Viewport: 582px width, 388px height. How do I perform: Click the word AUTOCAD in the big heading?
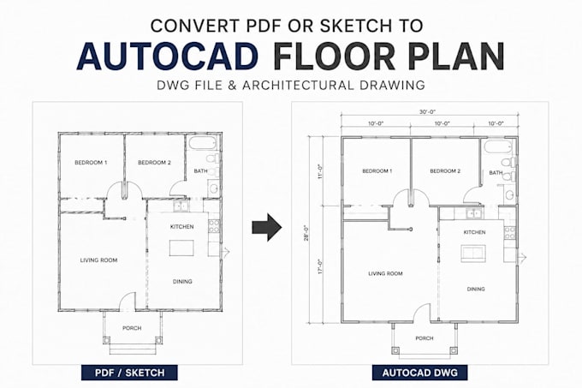pos(168,57)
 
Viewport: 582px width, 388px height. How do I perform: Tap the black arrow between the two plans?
pos(267,227)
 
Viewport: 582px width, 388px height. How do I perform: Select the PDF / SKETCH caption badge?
pos(129,373)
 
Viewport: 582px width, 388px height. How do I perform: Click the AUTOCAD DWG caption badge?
pos(419,373)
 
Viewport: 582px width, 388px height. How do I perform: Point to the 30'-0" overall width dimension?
pos(428,111)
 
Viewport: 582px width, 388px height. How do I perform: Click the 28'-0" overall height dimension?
pos(306,233)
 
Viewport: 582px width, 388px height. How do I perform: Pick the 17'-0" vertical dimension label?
pos(321,266)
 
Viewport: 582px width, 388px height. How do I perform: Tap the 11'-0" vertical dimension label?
pos(321,171)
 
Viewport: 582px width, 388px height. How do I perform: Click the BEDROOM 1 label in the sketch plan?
pos(91,162)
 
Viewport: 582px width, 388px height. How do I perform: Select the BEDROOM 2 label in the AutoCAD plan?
pos(445,171)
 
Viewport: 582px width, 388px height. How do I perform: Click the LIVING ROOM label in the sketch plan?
pos(98,260)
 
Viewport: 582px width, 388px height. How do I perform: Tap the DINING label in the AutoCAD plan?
pos(476,289)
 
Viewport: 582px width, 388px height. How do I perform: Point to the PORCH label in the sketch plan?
pos(132,328)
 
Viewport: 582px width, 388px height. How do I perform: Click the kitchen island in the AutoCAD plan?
pos(473,253)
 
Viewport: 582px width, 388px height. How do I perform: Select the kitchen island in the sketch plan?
pos(181,248)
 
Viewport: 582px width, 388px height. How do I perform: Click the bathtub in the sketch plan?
pos(201,143)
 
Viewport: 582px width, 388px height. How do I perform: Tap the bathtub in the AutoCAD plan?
pos(498,147)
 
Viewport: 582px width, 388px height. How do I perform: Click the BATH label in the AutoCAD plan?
pos(496,173)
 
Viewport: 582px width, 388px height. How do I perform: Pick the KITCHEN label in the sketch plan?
pos(181,226)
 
